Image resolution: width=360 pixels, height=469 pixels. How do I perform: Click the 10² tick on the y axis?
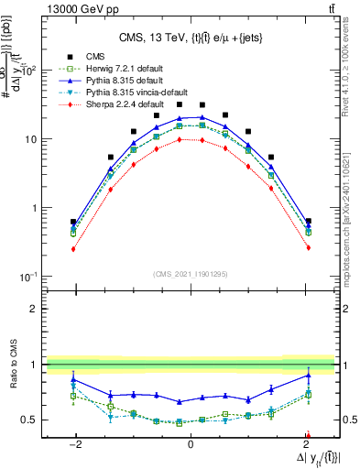pyautogui.click(x=30, y=71)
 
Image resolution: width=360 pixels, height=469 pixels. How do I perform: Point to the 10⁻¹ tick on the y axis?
pyautogui.click(x=30, y=277)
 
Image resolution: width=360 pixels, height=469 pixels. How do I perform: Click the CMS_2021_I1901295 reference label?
pyautogui.click(x=190, y=273)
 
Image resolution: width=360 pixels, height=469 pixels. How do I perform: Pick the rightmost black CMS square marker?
pyautogui.click(x=308, y=221)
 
